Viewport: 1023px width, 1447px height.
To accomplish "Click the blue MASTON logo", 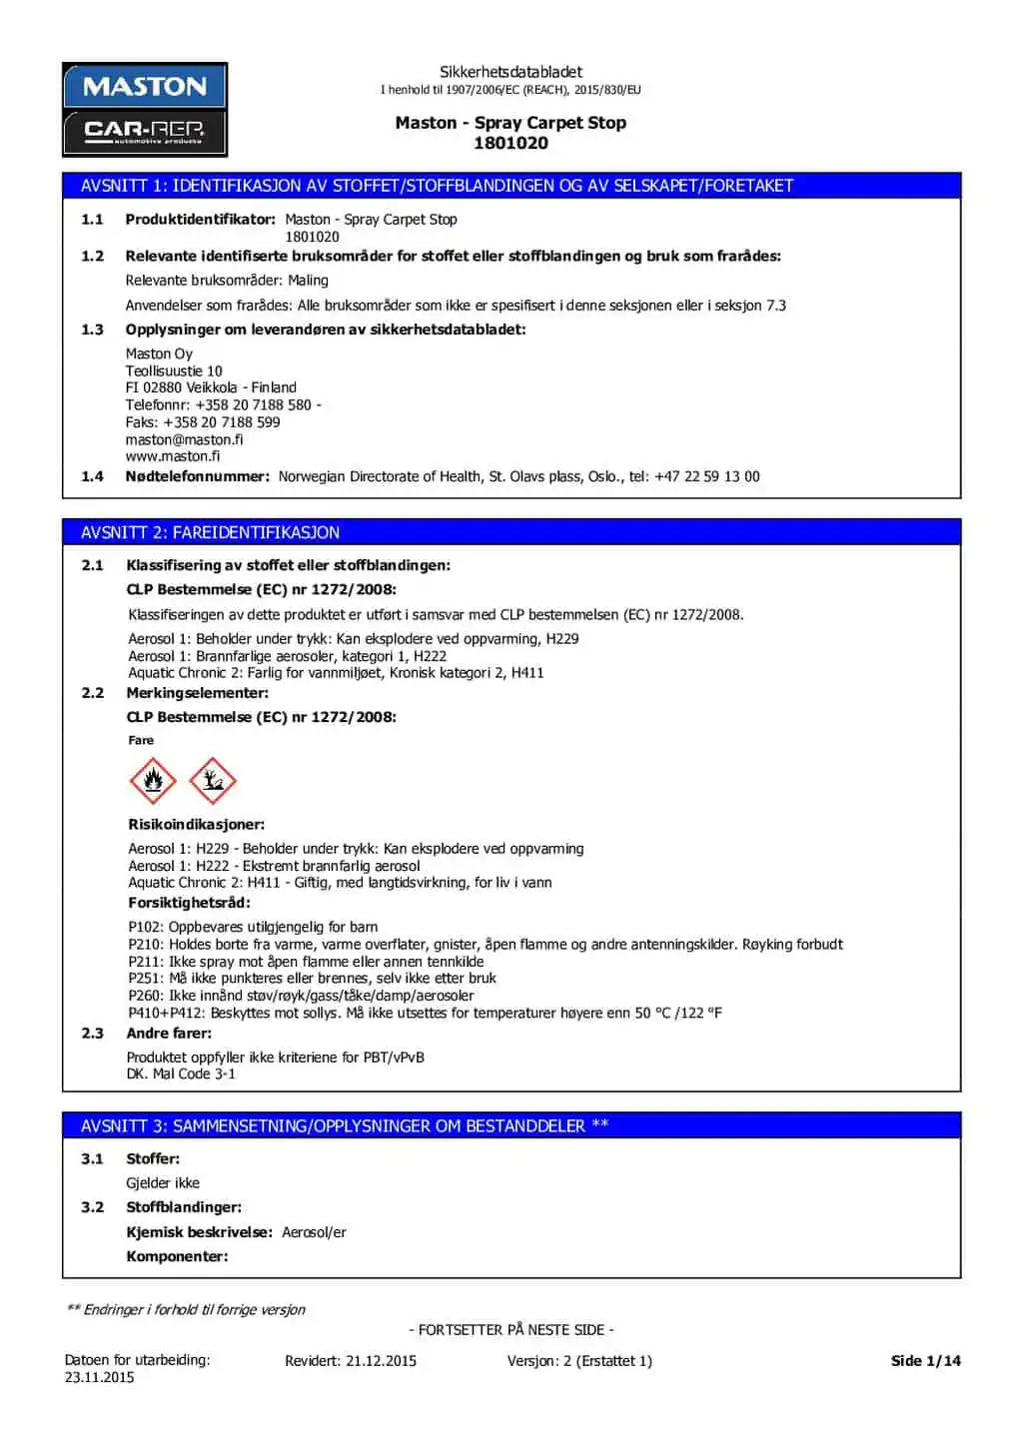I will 145,86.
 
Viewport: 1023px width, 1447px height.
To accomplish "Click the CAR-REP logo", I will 145,132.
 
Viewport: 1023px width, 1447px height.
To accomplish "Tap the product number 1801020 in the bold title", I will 511,143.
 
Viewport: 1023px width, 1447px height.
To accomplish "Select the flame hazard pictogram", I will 153,780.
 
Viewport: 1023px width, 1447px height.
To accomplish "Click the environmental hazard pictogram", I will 212,780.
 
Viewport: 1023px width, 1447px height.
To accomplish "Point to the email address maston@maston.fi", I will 184,439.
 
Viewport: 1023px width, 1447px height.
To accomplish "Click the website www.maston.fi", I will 173,456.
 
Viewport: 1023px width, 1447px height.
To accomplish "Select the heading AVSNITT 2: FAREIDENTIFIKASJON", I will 210,532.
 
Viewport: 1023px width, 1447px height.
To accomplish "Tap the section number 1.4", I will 93,476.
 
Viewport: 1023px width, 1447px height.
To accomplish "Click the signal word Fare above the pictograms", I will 141,740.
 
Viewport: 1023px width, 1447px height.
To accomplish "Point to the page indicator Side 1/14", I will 925,1360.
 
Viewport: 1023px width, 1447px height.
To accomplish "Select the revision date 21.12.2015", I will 381,1360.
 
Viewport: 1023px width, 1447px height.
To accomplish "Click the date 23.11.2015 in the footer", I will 99,1377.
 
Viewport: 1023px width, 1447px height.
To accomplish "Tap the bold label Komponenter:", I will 177,1256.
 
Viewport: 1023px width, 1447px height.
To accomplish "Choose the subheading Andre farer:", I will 169,1034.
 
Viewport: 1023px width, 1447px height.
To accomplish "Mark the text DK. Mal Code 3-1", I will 181,1074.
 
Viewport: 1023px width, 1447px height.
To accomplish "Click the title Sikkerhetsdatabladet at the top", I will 511,72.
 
